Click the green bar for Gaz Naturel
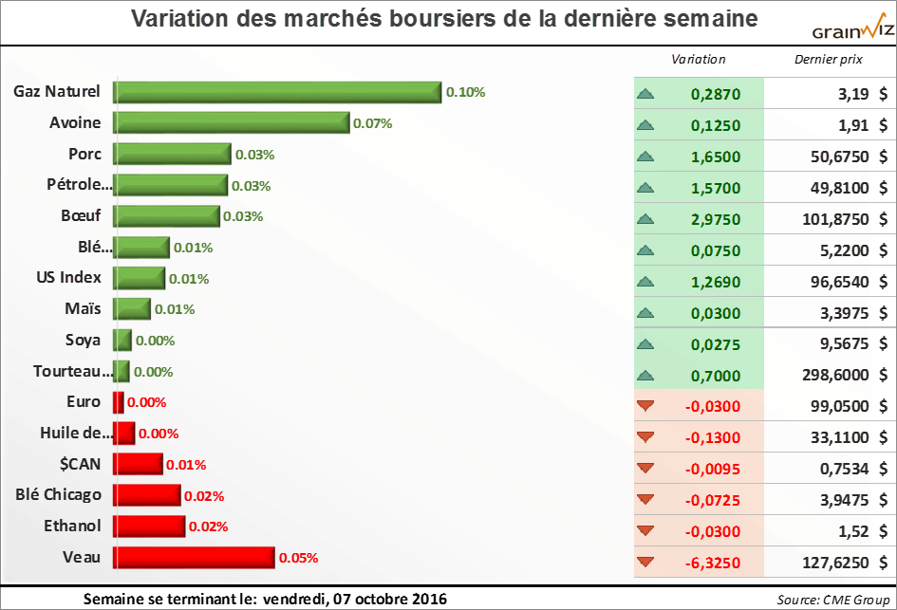(277, 92)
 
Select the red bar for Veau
(195, 558)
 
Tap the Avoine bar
(232, 122)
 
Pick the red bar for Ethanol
(149, 527)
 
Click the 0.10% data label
(465, 92)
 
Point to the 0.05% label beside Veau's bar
(298, 558)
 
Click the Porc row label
(84, 154)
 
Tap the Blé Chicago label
(59, 494)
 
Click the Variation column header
(698, 59)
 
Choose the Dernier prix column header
(828, 59)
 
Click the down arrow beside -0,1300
(646, 436)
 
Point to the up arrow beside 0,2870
(646, 94)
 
